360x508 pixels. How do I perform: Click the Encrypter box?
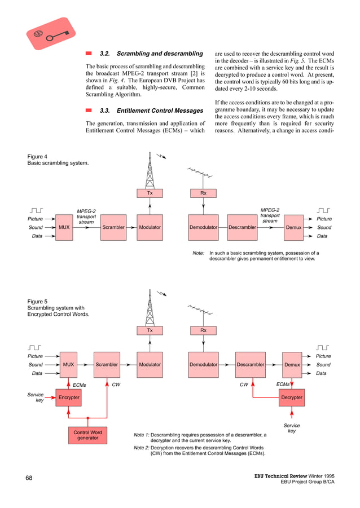coord(68,398)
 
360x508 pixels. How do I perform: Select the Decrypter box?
coord(292,398)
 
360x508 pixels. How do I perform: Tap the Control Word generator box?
coord(87,435)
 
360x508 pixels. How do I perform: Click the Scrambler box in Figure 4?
coord(113,227)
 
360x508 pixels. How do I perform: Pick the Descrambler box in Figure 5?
coord(251,365)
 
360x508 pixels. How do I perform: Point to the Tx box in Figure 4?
coord(150,193)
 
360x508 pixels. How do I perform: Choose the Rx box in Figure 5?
coord(203,330)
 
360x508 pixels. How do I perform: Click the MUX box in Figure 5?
coord(69,365)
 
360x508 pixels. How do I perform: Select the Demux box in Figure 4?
coord(293,227)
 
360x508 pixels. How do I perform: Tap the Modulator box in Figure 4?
coord(150,227)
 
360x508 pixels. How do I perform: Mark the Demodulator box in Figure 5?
coord(203,365)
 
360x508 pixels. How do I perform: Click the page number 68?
coord(29,479)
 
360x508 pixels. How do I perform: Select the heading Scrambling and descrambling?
coord(151,54)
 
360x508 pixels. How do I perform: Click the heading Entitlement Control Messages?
coord(151,111)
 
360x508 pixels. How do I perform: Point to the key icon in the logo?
coord(57,36)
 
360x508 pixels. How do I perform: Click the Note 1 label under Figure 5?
coord(141,435)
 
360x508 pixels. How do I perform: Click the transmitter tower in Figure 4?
coord(150,169)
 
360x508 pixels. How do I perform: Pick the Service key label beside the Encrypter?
coord(36,398)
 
